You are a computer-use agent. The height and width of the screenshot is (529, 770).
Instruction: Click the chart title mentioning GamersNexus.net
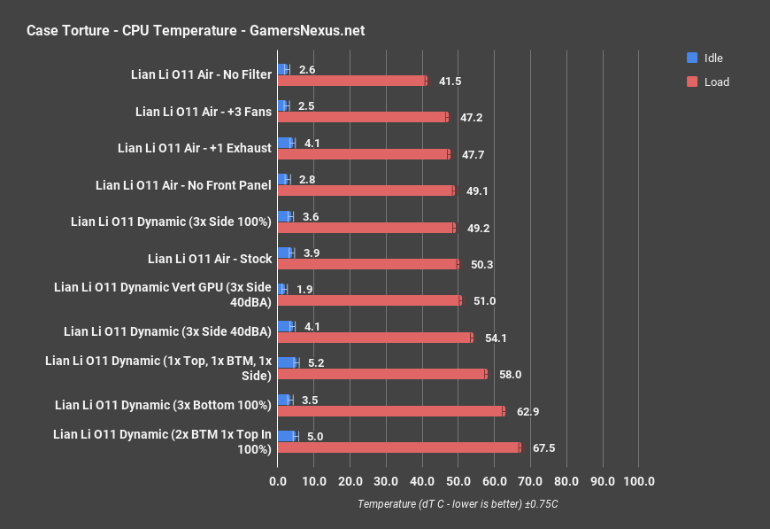(196, 31)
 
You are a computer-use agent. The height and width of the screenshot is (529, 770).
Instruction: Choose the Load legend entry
(708, 82)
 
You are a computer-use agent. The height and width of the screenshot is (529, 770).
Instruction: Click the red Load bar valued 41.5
(351, 81)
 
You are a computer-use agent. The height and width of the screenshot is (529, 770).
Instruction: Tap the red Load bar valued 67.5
(398, 447)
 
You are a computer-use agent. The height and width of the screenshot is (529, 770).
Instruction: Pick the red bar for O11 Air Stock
(367, 264)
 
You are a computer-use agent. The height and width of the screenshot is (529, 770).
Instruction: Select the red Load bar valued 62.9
(390, 411)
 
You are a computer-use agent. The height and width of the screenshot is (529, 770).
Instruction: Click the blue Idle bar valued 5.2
(287, 362)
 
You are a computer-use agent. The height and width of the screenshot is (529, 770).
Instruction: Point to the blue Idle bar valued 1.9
(281, 289)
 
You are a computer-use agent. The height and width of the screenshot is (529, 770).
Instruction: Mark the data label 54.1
(496, 338)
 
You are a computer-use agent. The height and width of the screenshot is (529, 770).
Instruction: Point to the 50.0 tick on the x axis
(458, 481)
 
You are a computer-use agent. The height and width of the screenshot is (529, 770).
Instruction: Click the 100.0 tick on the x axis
(639, 481)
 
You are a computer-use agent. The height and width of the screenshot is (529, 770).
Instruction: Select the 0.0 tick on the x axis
(277, 481)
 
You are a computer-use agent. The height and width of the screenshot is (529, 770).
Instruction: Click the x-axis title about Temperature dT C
(458, 504)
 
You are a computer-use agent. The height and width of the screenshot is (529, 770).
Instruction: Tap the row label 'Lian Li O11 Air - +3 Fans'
(203, 112)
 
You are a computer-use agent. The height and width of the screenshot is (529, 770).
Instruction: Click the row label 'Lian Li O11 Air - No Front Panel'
(183, 185)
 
